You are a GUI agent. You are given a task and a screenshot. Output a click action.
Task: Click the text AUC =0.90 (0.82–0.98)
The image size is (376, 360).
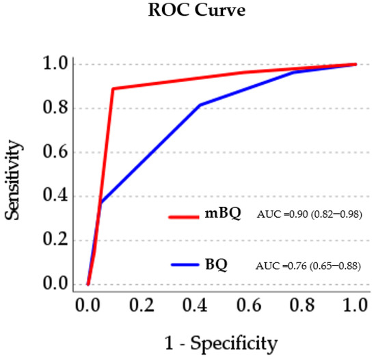(x=308, y=215)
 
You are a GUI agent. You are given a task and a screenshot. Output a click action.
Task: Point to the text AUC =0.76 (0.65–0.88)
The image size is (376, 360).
(x=308, y=264)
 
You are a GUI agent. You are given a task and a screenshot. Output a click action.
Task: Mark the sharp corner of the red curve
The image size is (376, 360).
(x=113, y=89)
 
